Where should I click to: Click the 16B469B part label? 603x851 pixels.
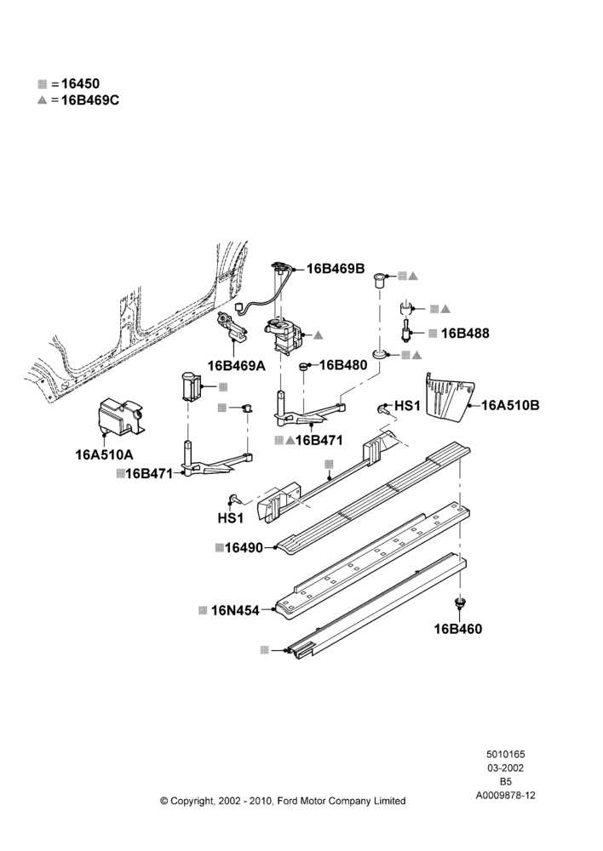336,269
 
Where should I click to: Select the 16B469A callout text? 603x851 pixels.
236,366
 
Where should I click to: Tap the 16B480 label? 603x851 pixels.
342,365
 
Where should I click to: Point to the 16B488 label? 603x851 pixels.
465,334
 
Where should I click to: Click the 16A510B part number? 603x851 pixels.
511,405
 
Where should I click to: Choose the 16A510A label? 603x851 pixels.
104,454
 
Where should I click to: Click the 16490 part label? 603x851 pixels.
244,547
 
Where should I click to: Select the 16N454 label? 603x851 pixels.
235,610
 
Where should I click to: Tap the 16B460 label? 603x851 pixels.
458,629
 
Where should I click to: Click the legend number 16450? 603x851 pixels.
80,83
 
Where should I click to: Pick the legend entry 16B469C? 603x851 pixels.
90,100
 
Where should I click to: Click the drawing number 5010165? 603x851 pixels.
505,754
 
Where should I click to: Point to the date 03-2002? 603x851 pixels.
505,768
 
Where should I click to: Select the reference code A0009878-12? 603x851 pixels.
506,795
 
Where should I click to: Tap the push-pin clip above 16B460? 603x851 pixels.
460,603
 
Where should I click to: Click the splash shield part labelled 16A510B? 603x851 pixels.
449,397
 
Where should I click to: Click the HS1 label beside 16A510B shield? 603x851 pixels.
407,405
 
